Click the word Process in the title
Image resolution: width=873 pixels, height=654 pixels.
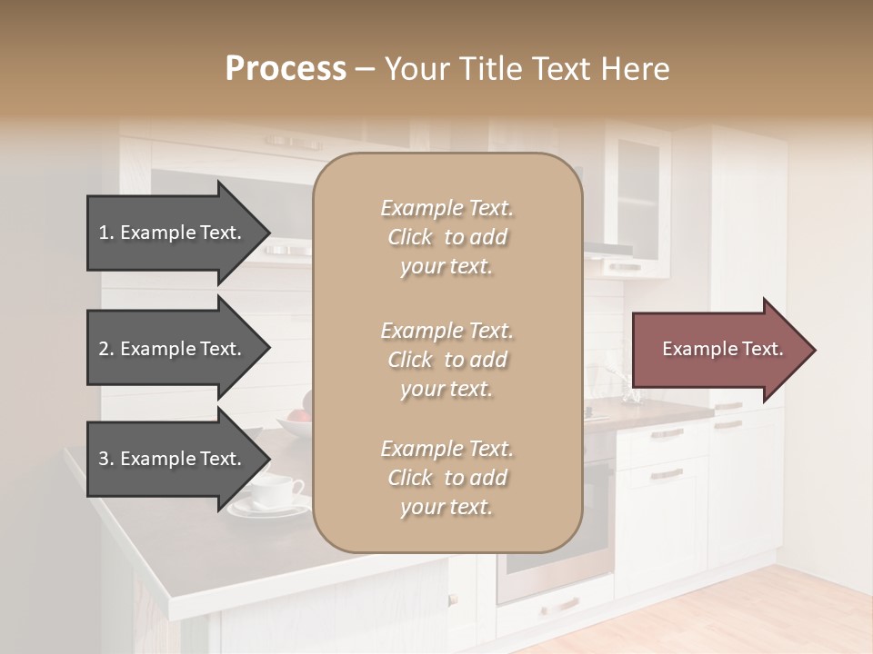pyautogui.click(x=286, y=69)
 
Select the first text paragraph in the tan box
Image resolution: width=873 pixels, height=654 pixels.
pyautogui.click(x=447, y=237)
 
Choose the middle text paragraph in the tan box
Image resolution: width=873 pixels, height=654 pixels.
pyautogui.click(x=447, y=360)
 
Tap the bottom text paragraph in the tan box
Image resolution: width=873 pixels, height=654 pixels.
pyautogui.click(x=447, y=478)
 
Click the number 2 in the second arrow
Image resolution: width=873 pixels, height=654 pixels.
pyautogui.click(x=103, y=349)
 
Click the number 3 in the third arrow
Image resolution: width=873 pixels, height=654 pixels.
pyautogui.click(x=103, y=459)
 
